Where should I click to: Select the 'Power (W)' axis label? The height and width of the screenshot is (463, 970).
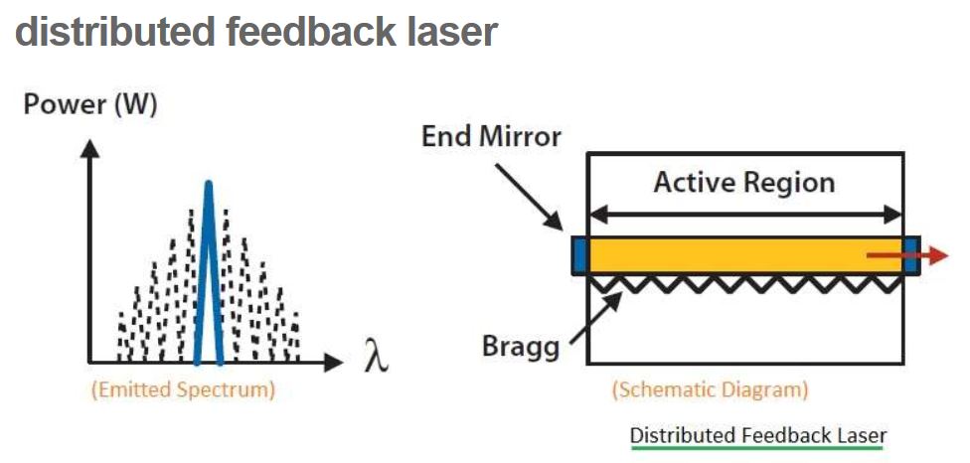(x=90, y=105)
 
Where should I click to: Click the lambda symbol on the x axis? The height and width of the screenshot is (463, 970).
(x=375, y=356)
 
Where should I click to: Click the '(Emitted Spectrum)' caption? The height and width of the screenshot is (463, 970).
(x=183, y=390)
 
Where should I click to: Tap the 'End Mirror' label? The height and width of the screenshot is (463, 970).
(x=492, y=137)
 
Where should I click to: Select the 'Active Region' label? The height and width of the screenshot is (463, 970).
(x=744, y=183)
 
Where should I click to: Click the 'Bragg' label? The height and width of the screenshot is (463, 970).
(x=519, y=347)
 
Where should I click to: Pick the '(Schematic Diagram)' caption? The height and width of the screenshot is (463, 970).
(x=710, y=389)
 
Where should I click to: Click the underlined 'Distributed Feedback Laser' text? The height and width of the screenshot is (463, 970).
(x=757, y=435)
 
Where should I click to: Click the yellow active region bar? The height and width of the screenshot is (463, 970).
(x=726, y=255)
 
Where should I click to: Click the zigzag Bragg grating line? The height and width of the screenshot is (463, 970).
(x=745, y=285)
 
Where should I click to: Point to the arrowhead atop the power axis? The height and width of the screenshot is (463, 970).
(x=90, y=149)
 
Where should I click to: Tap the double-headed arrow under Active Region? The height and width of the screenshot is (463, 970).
(x=745, y=213)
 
